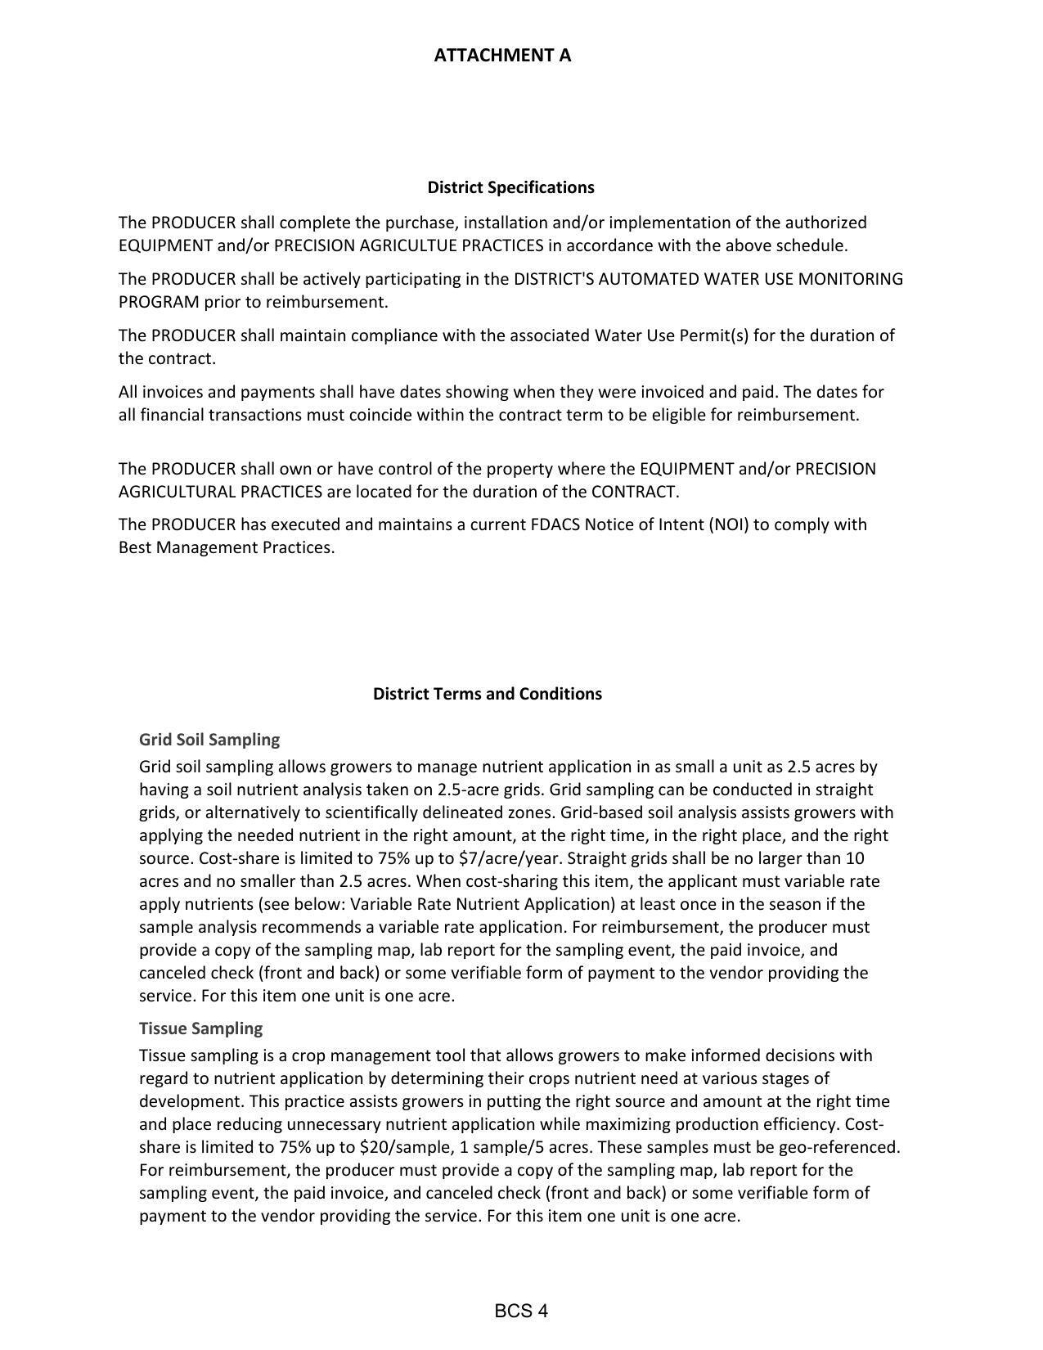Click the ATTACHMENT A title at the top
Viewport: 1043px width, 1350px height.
point(502,56)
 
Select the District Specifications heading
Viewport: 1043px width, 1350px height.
point(510,187)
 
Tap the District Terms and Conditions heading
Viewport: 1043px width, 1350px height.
point(487,694)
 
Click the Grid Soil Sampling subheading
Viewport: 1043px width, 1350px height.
point(209,740)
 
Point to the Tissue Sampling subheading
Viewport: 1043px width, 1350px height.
point(200,1028)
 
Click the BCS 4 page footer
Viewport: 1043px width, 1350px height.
point(521,1312)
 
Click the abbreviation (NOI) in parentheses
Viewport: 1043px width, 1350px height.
point(728,524)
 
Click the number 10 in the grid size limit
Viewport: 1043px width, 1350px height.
point(855,858)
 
